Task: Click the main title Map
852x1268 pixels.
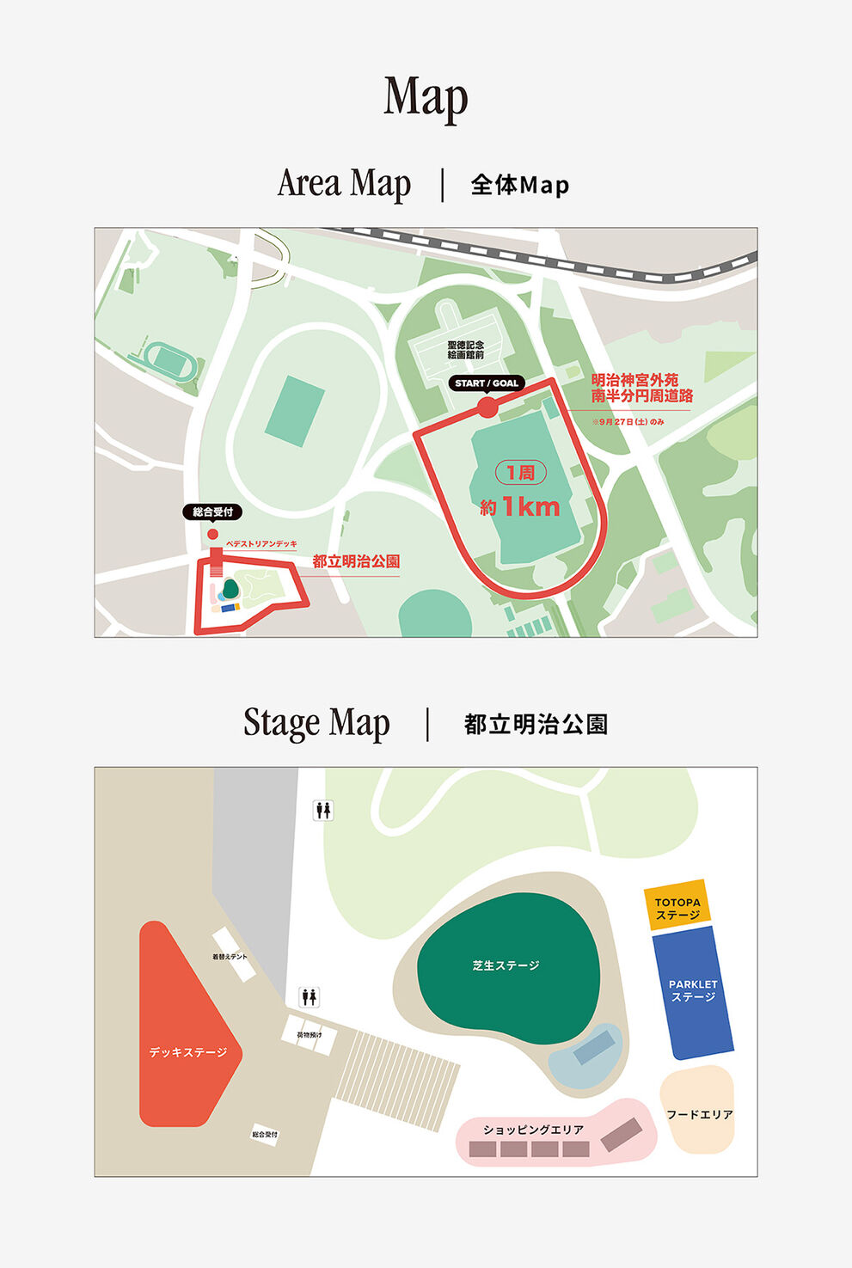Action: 426,96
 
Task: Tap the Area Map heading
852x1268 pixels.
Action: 344,183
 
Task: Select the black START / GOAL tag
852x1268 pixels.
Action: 487,383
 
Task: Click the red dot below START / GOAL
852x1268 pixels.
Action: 487,407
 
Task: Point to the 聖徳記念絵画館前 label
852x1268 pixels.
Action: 465,349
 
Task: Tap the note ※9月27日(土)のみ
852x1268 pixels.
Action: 628,422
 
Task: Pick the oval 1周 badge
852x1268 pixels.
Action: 520,473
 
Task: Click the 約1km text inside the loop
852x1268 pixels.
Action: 520,506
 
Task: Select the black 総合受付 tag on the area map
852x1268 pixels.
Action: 212,512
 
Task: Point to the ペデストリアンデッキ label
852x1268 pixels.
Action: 261,544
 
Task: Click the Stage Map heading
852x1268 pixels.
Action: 316,723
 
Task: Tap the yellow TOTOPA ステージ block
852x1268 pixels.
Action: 677,907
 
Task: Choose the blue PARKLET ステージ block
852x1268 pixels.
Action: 693,991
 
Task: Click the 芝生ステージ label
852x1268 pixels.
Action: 506,965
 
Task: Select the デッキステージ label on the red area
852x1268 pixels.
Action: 188,1052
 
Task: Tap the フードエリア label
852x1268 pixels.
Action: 699,1114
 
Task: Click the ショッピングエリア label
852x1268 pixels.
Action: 533,1130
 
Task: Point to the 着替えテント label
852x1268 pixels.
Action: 230,957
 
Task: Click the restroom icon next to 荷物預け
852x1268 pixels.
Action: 310,997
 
